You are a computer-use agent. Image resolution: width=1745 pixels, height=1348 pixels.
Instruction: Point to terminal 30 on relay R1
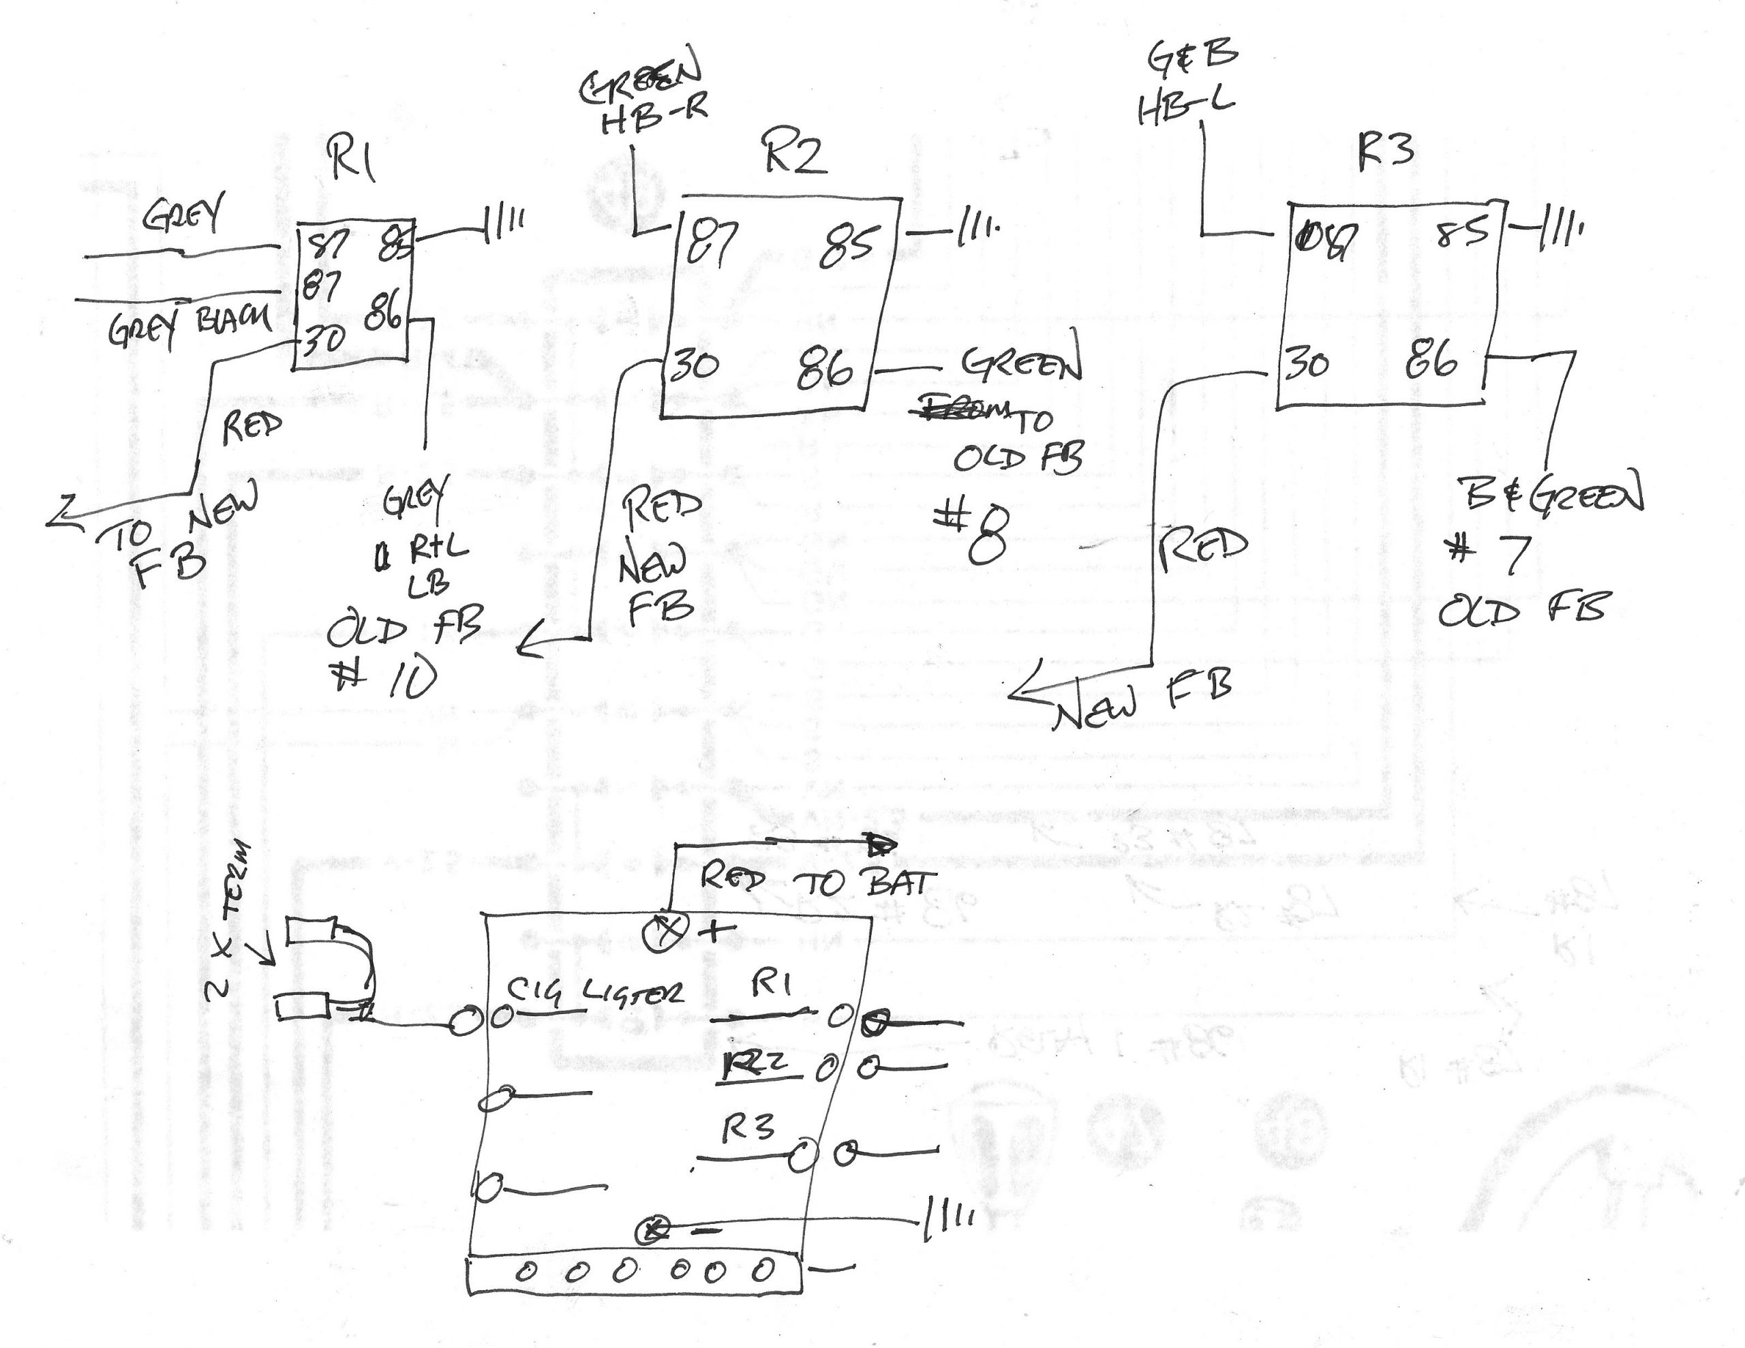323,341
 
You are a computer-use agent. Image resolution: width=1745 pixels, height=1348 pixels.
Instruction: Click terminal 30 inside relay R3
1307,365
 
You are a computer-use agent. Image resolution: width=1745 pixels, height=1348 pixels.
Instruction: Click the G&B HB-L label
1187,82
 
